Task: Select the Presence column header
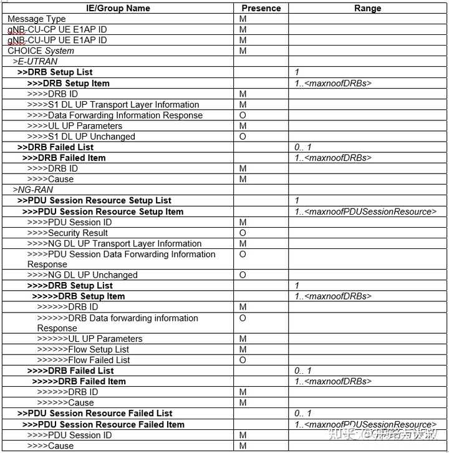pyautogui.click(x=261, y=8)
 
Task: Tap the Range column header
pyautogui.click(x=367, y=8)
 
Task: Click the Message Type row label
pyautogui.click(x=37, y=19)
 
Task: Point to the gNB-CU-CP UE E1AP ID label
pyautogui.click(x=57, y=29)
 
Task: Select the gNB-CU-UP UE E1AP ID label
pyautogui.click(x=57, y=40)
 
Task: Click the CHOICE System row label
pyautogui.click(x=41, y=51)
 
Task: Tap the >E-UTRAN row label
pyautogui.click(x=35, y=62)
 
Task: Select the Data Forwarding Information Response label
pyautogui.click(x=115, y=115)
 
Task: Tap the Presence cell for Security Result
pyautogui.click(x=243, y=233)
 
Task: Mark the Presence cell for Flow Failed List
pyautogui.click(x=243, y=360)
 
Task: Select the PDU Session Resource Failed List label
pyautogui.click(x=95, y=413)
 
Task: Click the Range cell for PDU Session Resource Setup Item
pyautogui.click(x=365, y=212)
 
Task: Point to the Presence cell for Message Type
pyautogui.click(x=243, y=19)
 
